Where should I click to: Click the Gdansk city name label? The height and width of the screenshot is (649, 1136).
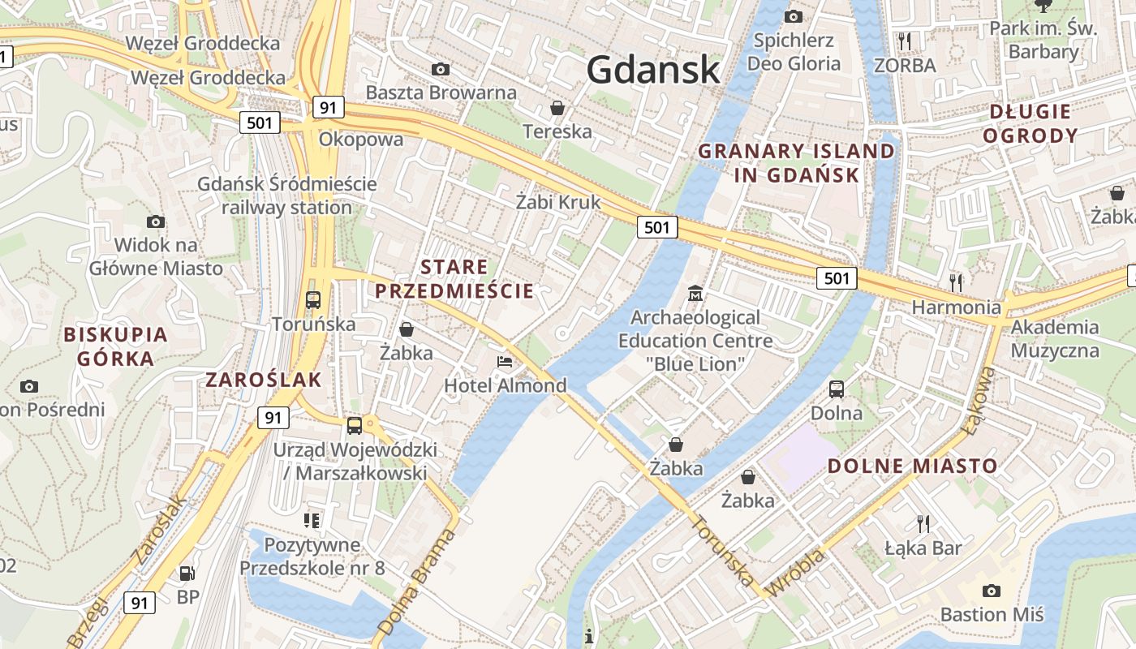[x=653, y=69]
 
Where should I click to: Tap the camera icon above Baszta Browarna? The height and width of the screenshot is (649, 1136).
[x=441, y=69]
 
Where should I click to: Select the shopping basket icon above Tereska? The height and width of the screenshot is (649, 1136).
[x=557, y=107]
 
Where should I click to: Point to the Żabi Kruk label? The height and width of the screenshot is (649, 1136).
[x=558, y=202]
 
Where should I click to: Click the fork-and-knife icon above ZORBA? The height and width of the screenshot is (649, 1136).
[x=905, y=41]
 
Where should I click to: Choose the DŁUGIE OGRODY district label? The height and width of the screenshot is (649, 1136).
[x=1030, y=123]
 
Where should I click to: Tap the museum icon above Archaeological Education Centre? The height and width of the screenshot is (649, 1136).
[x=695, y=293]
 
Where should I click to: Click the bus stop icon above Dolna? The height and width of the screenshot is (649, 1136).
[x=837, y=389]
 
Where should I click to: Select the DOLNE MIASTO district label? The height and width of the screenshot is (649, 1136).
[x=912, y=466]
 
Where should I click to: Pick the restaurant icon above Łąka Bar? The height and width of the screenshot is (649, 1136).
[x=923, y=523]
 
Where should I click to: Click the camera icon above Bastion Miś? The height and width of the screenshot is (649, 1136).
[x=991, y=591]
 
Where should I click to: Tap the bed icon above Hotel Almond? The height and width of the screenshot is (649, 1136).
[x=505, y=361]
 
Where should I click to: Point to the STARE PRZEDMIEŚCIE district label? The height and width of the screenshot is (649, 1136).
[x=454, y=278]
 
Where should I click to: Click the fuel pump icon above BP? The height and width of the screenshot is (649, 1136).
[x=187, y=574]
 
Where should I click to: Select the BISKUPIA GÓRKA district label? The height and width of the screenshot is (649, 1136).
[x=115, y=346]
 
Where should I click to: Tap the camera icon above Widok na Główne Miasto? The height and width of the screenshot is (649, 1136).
[x=156, y=221]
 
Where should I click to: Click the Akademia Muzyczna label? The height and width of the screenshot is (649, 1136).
[x=1055, y=339]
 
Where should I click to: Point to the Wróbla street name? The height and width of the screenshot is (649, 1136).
[x=797, y=572]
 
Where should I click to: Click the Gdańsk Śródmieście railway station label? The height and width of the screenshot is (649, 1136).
[x=287, y=196]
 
